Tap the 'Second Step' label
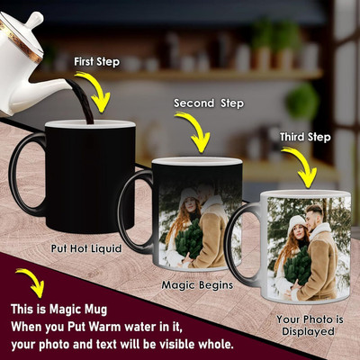pyautogui.click(x=209, y=103)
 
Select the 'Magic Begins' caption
pyautogui.click(x=197, y=284)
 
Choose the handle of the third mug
pyautogui.click(x=240, y=244)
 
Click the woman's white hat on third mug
pyautogui.click(x=296, y=223)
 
